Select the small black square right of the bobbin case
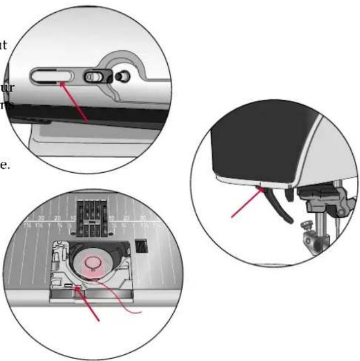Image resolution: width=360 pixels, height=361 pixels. (140, 245)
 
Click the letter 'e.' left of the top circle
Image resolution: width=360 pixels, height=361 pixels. (4, 166)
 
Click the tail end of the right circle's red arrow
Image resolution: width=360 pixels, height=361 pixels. (233, 217)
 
